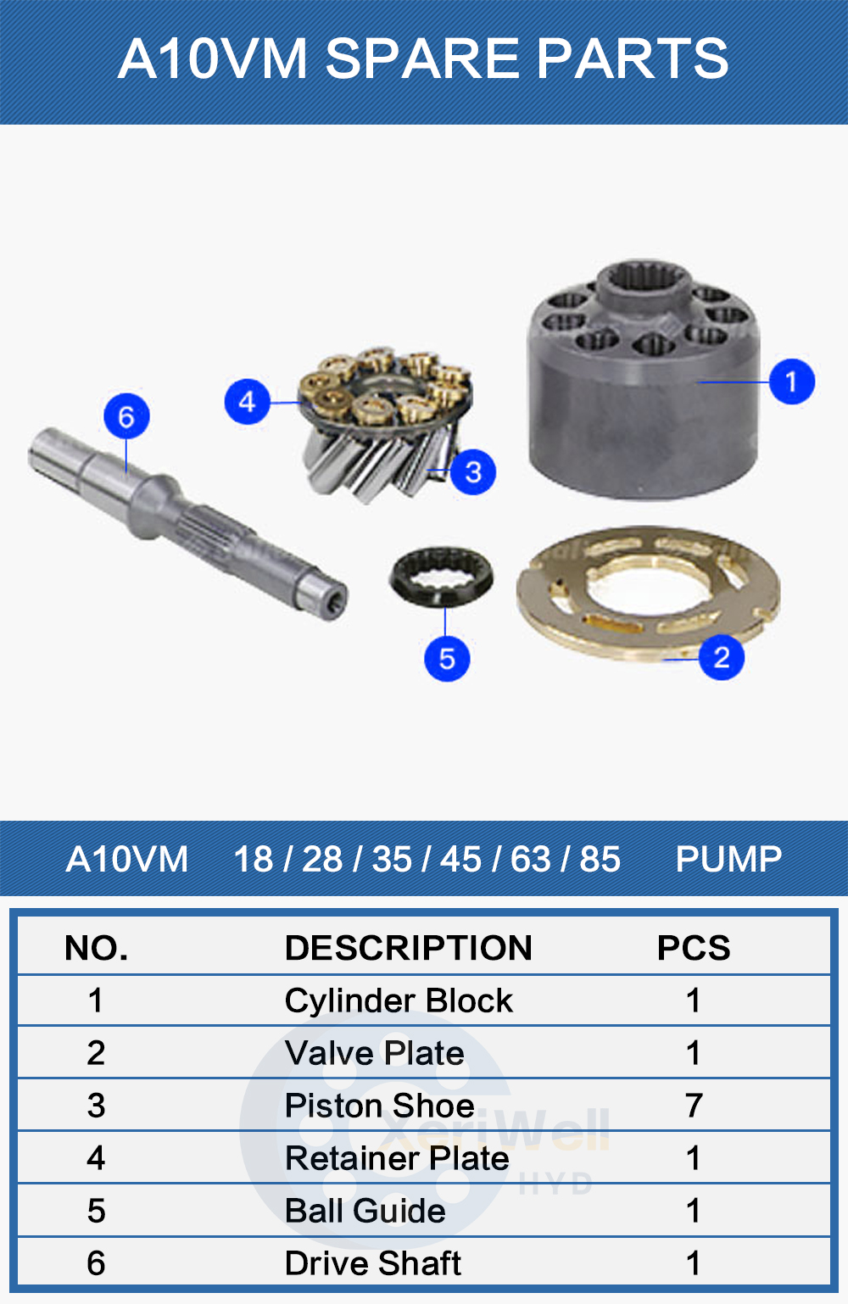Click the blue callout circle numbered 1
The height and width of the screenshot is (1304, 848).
792,382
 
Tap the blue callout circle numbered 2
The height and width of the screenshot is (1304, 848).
722,657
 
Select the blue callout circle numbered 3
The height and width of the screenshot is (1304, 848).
473,471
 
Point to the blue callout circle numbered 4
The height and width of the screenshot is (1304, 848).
247,401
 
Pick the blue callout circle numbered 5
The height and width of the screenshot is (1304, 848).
447,659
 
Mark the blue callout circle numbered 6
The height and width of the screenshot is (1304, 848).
126,416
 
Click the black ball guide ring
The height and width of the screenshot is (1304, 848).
441,576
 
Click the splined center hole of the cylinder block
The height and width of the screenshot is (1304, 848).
639,281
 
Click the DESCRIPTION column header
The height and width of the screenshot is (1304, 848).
408,948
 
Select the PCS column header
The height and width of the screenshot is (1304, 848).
693,948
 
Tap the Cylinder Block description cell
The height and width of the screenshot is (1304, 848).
399,1000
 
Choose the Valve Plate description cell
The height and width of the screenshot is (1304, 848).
375,1053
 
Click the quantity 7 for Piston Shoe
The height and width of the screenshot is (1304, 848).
693,1106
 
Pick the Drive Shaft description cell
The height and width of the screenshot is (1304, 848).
373,1263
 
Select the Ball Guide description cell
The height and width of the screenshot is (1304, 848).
365,1211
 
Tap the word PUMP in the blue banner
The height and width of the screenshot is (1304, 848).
728,859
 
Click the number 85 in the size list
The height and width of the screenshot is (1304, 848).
600,859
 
